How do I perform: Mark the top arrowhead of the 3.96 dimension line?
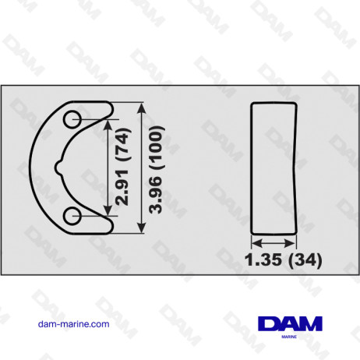(x=141, y=105)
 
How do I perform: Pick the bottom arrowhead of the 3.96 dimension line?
(x=141, y=228)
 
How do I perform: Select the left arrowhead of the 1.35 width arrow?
(x=254, y=241)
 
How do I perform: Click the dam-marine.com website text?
(x=73, y=323)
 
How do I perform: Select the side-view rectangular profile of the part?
(x=274, y=167)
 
